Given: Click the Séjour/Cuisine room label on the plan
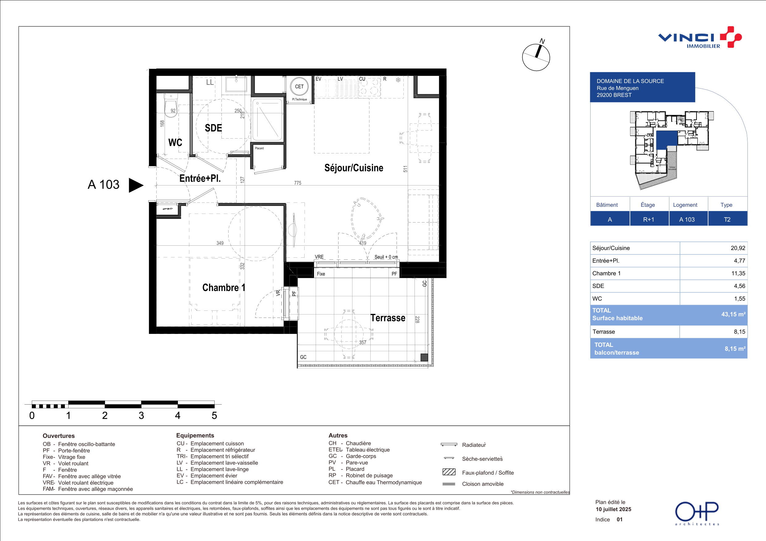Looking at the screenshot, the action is click(354, 168).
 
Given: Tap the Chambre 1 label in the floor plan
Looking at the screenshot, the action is click(224, 288).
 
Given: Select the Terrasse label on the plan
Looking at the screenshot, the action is click(388, 318).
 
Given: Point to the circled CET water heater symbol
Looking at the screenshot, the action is click(299, 87).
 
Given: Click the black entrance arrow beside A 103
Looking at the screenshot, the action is click(136, 185).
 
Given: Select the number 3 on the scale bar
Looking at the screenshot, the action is click(141, 415).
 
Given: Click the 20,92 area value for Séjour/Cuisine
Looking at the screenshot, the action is click(738, 248).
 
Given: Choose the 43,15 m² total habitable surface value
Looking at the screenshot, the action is click(733, 314).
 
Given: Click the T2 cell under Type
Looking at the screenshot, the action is click(727, 219).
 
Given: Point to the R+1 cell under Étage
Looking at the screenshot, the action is click(649, 219).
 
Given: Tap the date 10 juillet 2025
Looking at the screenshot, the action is click(613, 509).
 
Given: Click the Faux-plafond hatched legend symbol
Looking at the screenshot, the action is click(449, 472).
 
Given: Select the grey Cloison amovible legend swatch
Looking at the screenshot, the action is click(449, 484).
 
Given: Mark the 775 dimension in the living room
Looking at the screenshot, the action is click(297, 183).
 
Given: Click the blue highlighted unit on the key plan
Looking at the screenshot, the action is click(667, 140).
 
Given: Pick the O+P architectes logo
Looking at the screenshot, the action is click(697, 513).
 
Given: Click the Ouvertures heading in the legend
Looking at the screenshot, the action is click(59, 436).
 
